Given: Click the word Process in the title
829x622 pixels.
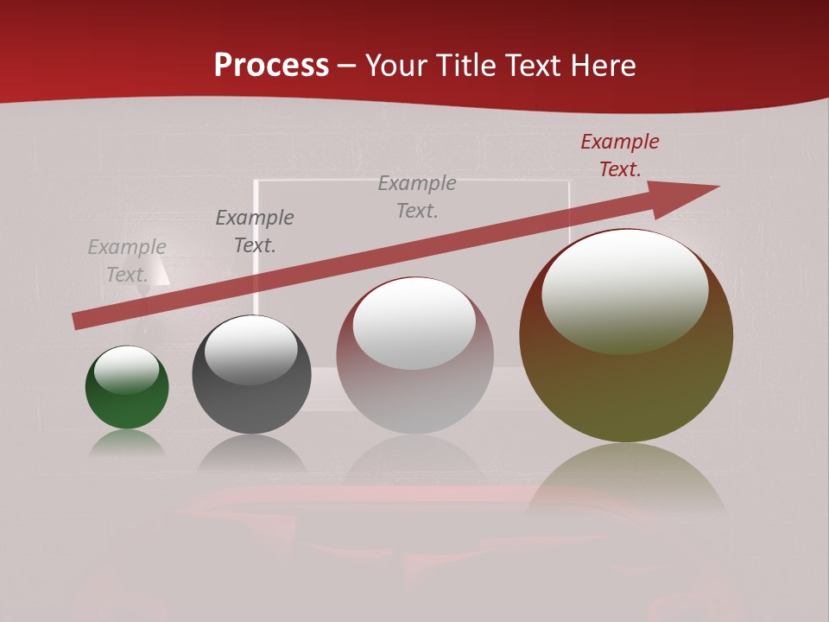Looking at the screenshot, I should click(271, 66).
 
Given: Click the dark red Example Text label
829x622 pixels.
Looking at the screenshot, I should click(620, 155).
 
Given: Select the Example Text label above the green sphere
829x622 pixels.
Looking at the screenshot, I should click(127, 261).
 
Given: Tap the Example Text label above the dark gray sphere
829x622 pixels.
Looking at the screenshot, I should click(255, 232).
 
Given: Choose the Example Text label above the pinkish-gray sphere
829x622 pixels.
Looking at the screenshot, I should click(417, 197).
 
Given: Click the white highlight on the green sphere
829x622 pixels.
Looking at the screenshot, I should click(127, 368).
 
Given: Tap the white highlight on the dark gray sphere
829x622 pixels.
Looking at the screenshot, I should click(250, 348).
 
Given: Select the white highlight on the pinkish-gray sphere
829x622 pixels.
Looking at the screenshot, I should click(414, 322).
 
